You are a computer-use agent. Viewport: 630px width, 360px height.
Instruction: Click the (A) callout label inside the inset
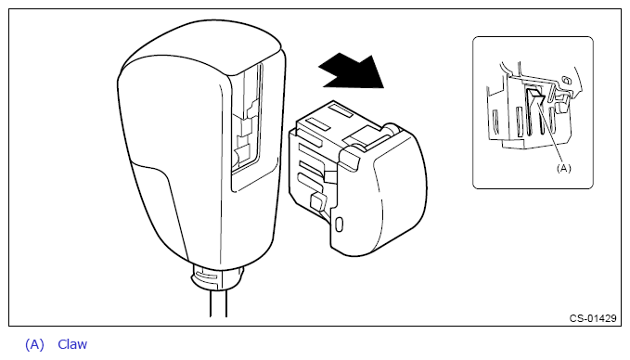point(563,168)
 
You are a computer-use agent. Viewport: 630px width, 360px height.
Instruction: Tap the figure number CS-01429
point(593,318)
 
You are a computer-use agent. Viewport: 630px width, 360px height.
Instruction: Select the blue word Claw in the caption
point(72,344)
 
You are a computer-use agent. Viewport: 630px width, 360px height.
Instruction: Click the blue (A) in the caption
point(34,345)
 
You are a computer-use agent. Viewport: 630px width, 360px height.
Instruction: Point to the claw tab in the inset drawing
point(535,96)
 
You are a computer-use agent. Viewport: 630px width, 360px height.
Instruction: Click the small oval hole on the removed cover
point(339,225)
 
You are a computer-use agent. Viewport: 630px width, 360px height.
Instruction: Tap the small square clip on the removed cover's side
point(318,201)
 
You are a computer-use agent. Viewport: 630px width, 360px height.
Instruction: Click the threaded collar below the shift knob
point(217,276)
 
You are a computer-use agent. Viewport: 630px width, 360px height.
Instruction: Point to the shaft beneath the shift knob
point(218,303)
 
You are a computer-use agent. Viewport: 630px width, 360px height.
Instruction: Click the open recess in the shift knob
point(246,121)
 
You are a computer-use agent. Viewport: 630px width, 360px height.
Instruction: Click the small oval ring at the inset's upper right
point(567,81)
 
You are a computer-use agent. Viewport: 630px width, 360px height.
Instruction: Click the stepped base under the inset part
point(534,143)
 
